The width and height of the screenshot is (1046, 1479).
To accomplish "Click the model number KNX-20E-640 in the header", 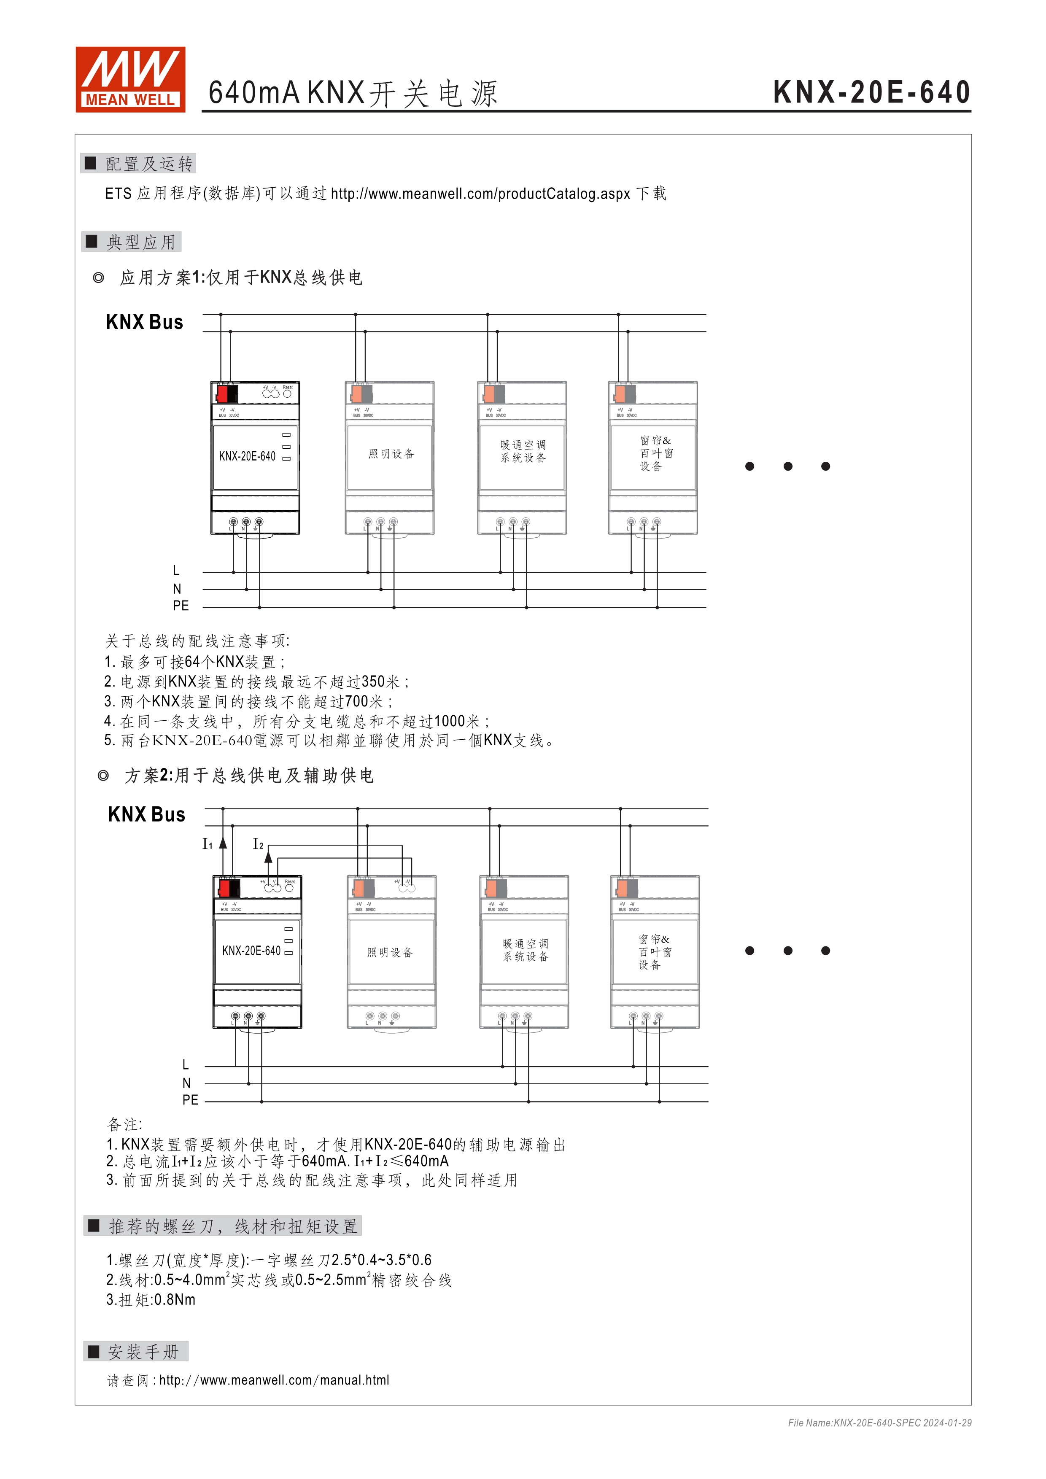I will (871, 92).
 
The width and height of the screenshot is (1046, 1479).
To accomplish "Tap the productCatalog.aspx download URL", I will (480, 194).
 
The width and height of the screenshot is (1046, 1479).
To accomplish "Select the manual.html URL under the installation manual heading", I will (274, 1380).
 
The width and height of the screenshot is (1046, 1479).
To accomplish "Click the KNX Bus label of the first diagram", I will (144, 322).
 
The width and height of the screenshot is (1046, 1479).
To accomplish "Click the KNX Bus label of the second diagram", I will (146, 814).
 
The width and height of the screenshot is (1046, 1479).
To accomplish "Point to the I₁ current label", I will (208, 844).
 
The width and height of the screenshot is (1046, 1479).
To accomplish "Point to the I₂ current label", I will (258, 844).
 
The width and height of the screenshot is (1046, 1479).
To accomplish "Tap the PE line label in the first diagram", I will (181, 606).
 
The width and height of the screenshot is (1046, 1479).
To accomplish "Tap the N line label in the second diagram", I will (186, 1083).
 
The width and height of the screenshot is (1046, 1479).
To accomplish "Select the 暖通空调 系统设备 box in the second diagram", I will (526, 950).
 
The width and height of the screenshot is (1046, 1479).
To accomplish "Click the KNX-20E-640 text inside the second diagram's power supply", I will (251, 951).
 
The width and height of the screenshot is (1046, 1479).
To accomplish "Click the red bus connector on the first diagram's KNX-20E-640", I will (223, 393).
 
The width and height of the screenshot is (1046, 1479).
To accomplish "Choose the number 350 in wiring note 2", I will (374, 682).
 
